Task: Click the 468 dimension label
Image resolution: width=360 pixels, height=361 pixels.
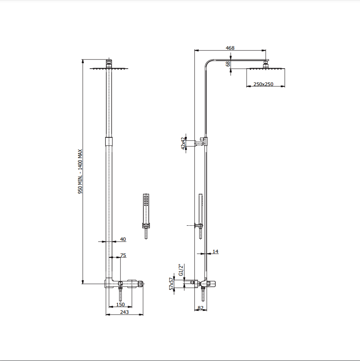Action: pos(230,48)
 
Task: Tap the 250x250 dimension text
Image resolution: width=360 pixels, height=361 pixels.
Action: pos(263,84)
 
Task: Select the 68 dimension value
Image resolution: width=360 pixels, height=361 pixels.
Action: pos(228,64)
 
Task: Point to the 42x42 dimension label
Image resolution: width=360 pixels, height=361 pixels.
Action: pos(183,144)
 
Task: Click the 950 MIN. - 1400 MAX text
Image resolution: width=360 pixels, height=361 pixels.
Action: pos(80,171)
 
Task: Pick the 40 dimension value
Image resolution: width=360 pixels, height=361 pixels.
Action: pos(123,239)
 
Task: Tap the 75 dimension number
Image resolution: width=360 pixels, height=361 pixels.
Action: pos(123,255)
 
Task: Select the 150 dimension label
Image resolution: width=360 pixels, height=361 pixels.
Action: pos(120,305)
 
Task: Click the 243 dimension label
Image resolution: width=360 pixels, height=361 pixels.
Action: pos(124,312)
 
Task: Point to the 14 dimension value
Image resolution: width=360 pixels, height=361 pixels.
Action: pos(215,251)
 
